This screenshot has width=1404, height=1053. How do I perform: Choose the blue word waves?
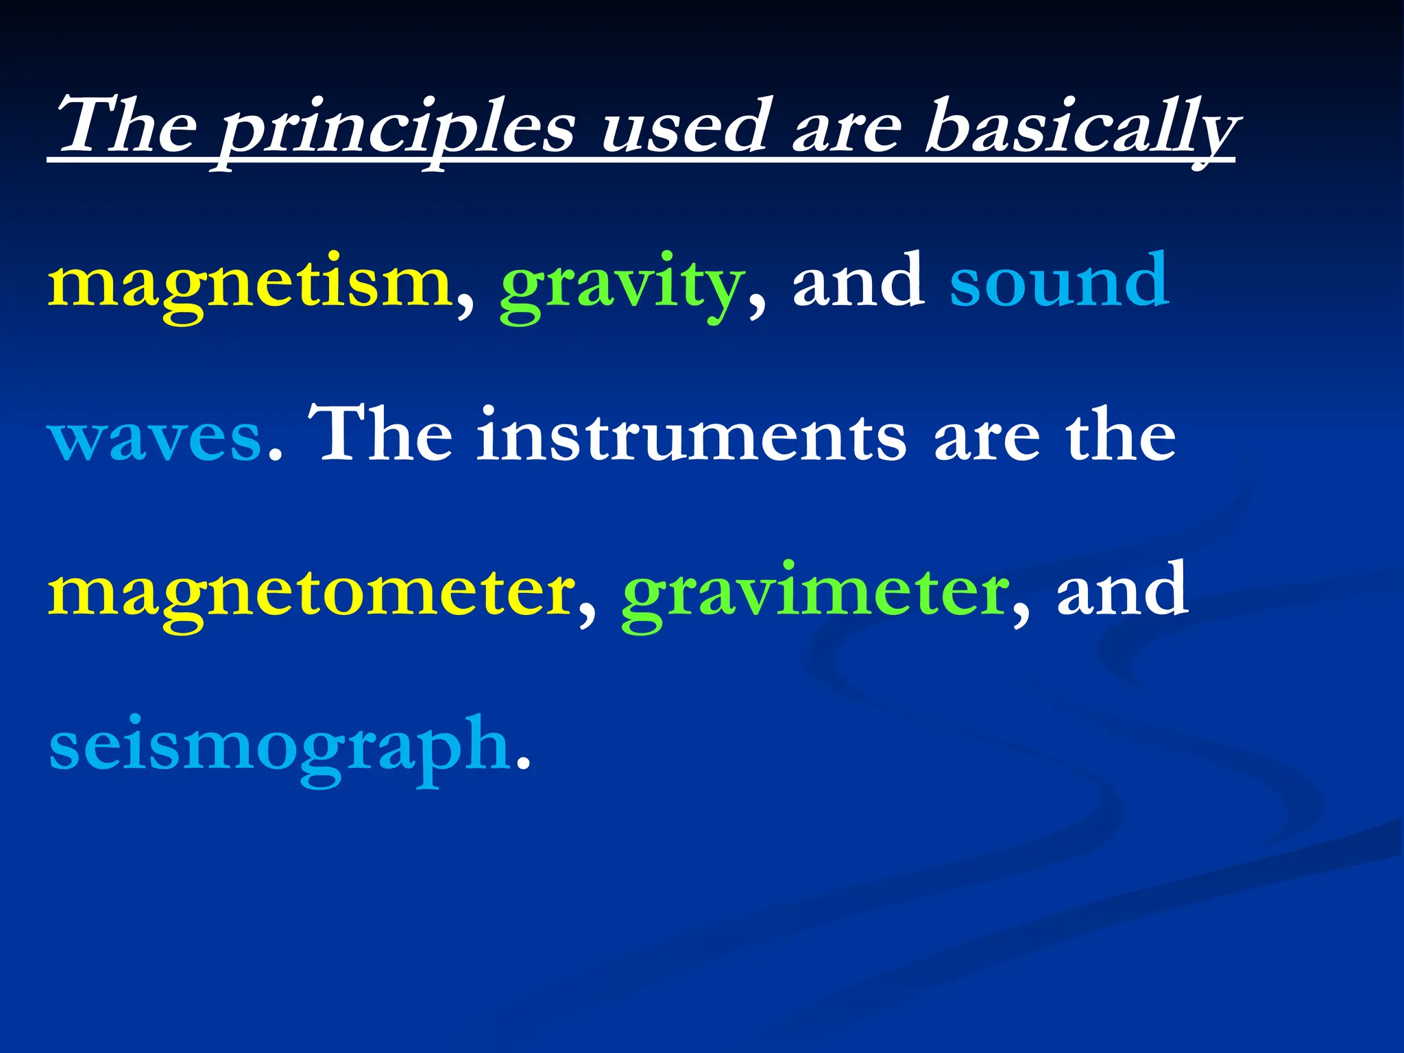tap(155, 439)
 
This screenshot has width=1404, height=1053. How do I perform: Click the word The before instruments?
tap(381, 435)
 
